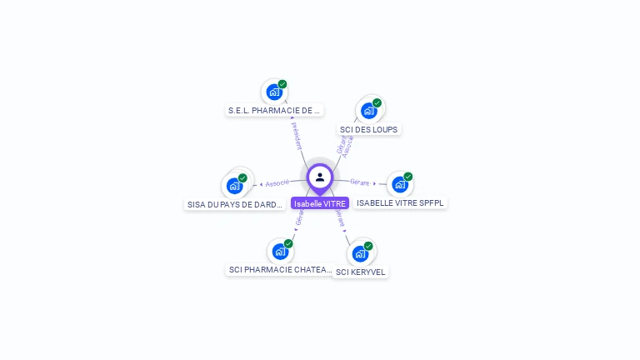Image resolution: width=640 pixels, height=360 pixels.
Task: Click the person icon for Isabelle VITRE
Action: point(320,177)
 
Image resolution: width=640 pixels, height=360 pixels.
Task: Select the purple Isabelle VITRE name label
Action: point(320,203)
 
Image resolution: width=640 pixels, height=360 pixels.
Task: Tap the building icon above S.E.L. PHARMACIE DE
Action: point(273,92)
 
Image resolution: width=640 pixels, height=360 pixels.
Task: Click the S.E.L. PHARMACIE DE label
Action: point(274,110)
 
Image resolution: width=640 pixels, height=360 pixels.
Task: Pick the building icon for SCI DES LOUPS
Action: point(368,110)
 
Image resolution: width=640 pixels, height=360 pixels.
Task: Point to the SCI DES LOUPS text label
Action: point(369,129)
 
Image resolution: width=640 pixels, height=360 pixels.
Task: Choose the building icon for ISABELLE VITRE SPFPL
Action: point(400,184)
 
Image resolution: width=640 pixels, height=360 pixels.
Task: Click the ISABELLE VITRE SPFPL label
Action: point(400,202)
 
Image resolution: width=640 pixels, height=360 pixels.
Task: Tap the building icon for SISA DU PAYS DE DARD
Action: point(234,186)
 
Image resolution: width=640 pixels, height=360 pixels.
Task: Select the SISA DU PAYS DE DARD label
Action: point(236,204)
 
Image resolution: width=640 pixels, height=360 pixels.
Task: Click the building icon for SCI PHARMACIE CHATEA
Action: point(280,251)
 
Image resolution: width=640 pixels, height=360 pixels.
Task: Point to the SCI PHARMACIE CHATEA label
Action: point(281,270)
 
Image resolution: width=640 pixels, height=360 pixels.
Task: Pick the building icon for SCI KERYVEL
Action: point(360,252)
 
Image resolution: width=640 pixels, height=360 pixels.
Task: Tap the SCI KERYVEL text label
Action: point(361,272)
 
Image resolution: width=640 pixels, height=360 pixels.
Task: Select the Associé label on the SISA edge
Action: point(277,183)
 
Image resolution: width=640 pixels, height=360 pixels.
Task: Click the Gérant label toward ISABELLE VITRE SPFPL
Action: point(360,182)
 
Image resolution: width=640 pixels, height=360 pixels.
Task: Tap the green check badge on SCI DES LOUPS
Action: point(377,103)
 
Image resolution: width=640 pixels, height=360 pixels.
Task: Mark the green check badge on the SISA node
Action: point(242,178)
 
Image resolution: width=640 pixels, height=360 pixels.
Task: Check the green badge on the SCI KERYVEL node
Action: point(368,246)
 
